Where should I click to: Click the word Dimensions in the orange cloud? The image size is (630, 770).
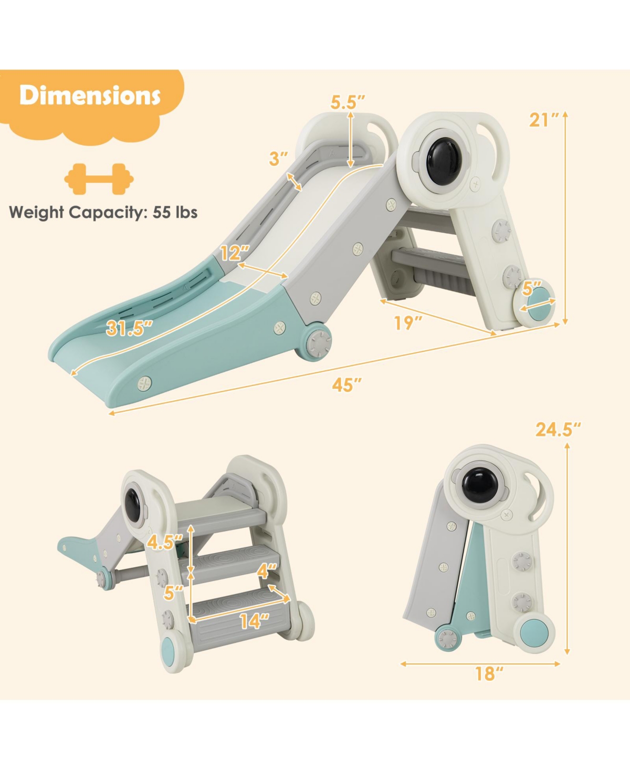90,96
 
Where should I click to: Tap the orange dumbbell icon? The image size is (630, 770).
99,179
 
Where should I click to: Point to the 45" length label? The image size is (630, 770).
346,384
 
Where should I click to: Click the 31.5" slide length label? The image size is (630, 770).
129,328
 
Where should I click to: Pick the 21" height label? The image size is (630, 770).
544,120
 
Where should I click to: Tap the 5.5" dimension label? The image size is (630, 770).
348,102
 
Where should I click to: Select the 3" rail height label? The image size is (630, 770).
278,159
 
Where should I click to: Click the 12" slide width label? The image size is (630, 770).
235,253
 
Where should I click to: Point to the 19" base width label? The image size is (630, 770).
408,322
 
